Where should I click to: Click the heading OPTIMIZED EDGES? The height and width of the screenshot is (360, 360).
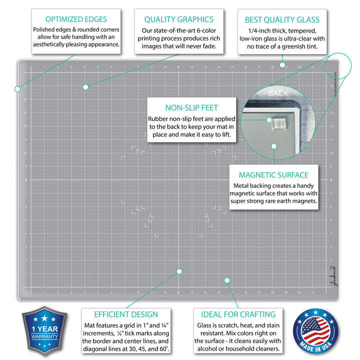[76, 19]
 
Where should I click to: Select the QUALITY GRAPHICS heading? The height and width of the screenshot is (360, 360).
[178, 19]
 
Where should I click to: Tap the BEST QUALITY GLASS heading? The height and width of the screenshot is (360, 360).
[282, 20]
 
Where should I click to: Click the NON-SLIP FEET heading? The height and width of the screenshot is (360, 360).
[191, 107]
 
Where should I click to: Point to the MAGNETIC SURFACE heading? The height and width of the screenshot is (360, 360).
[273, 175]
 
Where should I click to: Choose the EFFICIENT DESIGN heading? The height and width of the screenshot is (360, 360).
[126, 314]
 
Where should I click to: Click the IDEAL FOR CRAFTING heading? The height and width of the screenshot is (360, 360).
[238, 314]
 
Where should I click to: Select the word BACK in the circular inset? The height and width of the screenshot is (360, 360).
[278, 93]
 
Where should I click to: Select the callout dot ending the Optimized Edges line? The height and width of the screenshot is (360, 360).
[17, 89]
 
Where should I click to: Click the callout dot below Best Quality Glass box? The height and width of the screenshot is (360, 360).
[282, 64]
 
